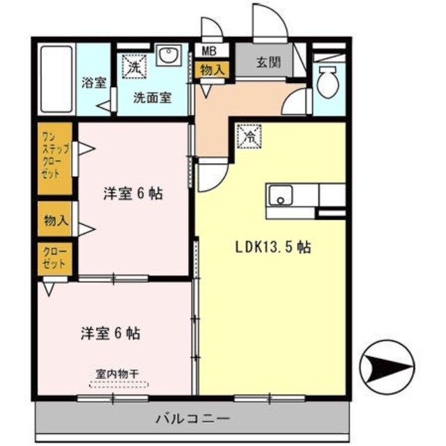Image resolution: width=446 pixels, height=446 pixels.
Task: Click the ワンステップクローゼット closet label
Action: pos(54,158)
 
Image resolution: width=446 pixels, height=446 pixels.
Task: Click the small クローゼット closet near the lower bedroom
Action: pos(54,258)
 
